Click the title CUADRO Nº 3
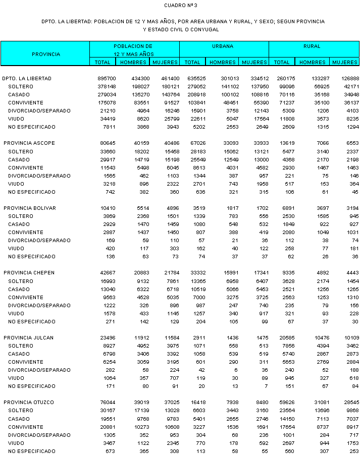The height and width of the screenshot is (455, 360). point(180,6)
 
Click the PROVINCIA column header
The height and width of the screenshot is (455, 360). point(45,54)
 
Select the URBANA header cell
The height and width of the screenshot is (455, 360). point(223,46)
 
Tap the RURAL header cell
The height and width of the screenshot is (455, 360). point(312,46)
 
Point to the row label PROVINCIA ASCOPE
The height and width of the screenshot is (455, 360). point(29,143)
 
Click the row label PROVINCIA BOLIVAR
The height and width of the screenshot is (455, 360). point(29,208)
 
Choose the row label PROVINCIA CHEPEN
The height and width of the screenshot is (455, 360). point(29,273)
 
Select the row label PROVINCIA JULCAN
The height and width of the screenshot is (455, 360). point(28,338)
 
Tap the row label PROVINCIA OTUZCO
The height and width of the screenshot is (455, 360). point(29,403)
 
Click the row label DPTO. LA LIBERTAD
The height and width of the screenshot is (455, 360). point(27,79)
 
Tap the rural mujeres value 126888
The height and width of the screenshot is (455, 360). point(349,79)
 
